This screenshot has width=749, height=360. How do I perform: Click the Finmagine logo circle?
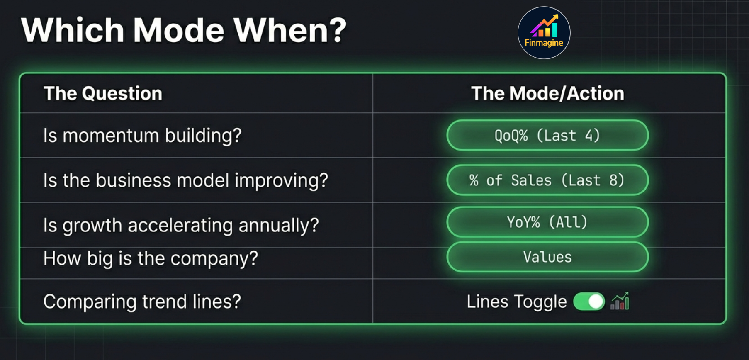544,33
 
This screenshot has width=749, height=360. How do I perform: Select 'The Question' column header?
103,93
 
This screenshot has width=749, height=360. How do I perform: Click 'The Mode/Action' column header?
547,93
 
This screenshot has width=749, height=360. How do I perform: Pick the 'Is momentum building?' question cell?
142,136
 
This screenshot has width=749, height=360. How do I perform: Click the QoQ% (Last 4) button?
547,136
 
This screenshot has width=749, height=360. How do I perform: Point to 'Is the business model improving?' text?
185,180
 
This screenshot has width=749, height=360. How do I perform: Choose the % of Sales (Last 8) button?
547,180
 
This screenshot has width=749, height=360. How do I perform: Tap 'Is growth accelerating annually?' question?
181,225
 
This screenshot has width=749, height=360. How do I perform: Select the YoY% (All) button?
547,222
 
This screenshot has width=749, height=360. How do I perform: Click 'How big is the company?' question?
151,258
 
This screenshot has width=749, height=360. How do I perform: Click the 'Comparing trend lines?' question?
142,302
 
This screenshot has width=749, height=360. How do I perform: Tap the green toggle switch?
589,302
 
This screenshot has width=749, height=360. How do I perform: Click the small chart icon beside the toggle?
620,301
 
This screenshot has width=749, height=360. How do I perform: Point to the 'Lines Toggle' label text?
517,302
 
